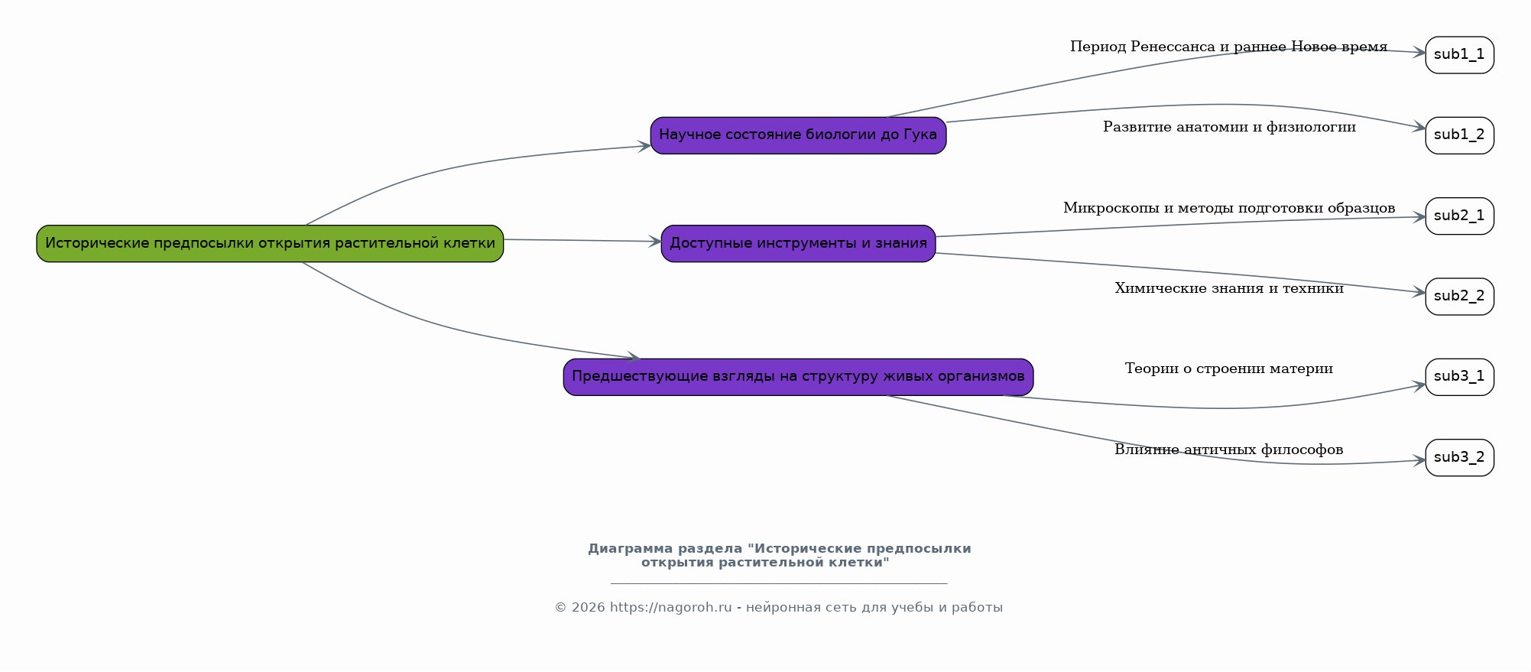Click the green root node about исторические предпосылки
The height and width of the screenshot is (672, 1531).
point(270,244)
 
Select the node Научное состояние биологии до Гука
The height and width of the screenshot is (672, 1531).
point(798,135)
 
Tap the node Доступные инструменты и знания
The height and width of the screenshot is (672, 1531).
point(798,244)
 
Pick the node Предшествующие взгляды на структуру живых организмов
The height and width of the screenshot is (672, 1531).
point(798,377)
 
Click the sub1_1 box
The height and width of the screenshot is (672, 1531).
point(1459,55)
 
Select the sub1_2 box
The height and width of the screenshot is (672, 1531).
point(1459,135)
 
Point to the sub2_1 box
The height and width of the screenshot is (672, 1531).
point(1459,216)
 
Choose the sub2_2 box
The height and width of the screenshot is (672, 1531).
point(1459,297)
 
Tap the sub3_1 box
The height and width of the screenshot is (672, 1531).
point(1459,377)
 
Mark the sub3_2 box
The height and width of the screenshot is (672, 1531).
point(1459,458)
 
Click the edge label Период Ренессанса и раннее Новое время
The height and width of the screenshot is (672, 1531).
point(1228,47)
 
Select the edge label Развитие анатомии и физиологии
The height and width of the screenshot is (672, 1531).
point(1229,128)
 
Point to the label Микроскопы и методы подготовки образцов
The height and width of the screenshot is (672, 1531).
point(1229,209)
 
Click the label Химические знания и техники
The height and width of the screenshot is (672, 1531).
point(1229,289)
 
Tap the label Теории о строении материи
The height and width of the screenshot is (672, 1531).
point(1229,369)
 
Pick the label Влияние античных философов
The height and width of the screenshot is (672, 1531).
point(1229,450)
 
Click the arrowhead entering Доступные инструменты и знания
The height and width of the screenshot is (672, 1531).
point(655,242)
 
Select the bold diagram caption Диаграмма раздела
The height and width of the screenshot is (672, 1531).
point(780,556)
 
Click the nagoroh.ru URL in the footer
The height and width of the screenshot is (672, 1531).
point(671,608)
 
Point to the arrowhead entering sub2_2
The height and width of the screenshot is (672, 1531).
point(1419,292)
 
